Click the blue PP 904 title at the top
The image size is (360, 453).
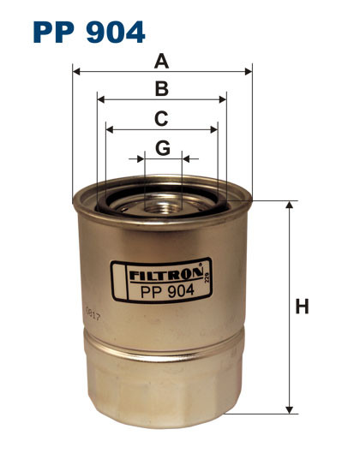[89, 32]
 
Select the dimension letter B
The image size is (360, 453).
[160, 88]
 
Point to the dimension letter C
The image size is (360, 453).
[160, 119]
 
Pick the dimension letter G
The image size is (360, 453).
[163, 148]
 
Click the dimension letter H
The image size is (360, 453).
[302, 306]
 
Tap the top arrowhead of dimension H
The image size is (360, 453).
[290, 206]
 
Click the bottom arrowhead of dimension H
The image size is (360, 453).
[290, 409]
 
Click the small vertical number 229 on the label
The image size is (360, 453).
[207, 277]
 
